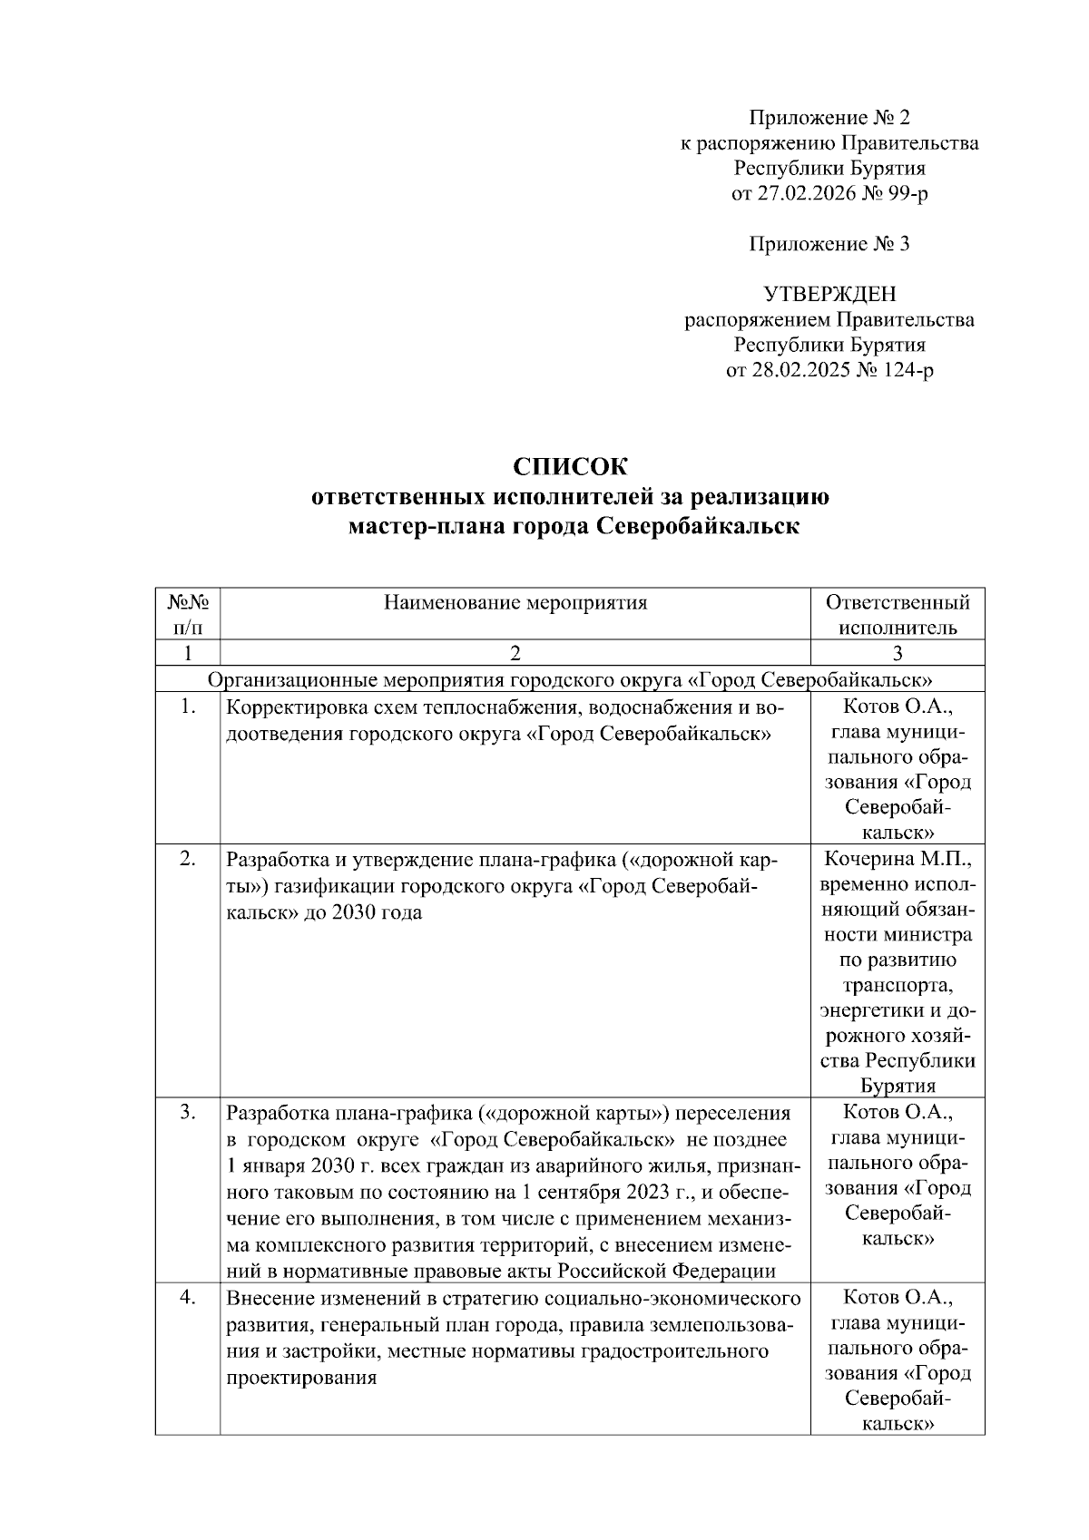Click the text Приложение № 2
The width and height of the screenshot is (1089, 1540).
(829, 118)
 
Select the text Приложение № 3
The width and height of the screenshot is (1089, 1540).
(829, 244)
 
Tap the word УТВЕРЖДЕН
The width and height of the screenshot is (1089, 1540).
(829, 295)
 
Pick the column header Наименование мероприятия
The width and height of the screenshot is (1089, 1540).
(515, 602)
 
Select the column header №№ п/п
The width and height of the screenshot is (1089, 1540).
(187, 614)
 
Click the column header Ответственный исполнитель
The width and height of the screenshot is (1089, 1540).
(898, 614)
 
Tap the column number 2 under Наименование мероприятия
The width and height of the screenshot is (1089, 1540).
(515, 653)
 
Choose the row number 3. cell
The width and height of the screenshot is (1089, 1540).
(187, 1112)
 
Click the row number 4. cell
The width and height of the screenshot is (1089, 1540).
(187, 1297)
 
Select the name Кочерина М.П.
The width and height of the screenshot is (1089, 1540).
(898, 858)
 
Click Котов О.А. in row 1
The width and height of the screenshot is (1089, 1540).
(898, 707)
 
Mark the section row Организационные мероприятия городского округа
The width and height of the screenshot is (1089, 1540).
(571, 679)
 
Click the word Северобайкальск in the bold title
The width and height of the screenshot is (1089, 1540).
(698, 526)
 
